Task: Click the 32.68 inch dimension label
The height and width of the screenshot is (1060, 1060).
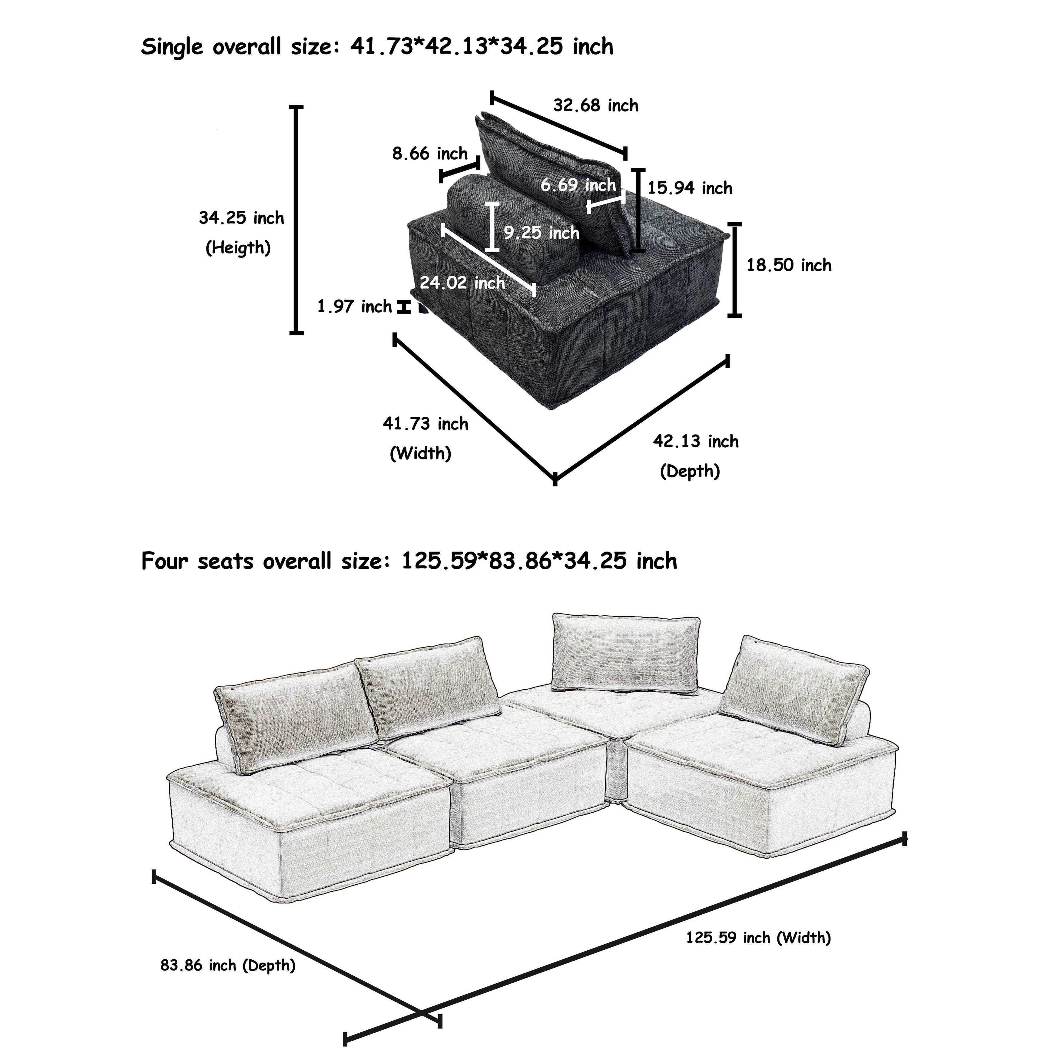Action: tap(595, 105)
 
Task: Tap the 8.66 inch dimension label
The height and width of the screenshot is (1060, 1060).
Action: tap(429, 154)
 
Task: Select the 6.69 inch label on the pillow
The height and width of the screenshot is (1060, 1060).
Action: tap(578, 185)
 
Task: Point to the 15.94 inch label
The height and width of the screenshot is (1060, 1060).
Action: tap(690, 188)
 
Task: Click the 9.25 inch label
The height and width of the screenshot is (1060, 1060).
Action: tap(541, 233)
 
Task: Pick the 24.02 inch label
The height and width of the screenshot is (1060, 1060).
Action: tap(462, 283)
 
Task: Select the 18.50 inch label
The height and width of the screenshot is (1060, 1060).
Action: tap(788, 266)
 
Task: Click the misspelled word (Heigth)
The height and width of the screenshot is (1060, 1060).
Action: tap(238, 248)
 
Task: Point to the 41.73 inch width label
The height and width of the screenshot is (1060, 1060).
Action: tap(425, 424)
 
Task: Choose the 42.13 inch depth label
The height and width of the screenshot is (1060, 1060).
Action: tap(695, 442)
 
